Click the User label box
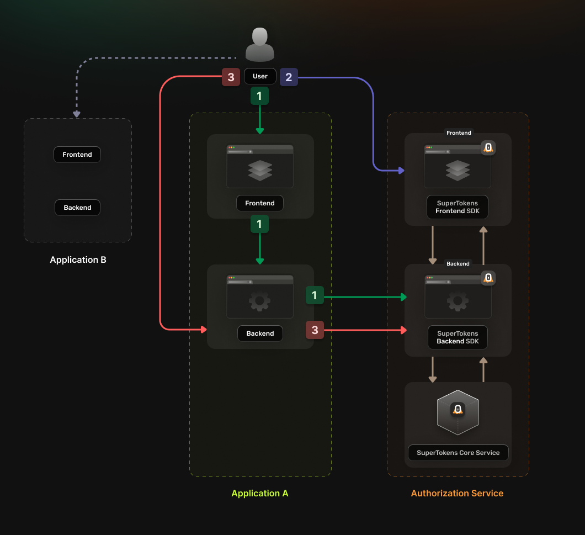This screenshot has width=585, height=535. point(260,76)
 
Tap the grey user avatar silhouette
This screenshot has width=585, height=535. point(260,45)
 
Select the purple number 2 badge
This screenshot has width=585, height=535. point(289,77)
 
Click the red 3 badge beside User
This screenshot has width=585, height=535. point(231,77)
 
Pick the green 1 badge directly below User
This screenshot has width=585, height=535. point(259,96)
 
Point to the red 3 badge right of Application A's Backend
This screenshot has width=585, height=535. point(315,330)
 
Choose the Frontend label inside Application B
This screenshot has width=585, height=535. point(77,155)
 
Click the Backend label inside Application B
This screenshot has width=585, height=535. point(77,208)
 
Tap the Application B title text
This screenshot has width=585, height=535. point(78,259)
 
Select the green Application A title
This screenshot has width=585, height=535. point(260,493)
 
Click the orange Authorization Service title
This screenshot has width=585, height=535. point(457,493)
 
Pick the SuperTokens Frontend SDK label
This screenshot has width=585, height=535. point(458,207)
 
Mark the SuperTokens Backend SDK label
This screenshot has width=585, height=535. point(458,337)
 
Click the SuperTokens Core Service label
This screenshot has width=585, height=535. point(458,453)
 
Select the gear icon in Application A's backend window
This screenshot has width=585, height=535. point(259,301)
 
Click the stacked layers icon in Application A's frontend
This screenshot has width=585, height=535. point(260,171)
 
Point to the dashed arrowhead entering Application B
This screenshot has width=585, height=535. point(77,114)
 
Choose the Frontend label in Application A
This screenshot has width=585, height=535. point(260,203)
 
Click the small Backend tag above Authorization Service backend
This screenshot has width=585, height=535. point(458,263)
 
